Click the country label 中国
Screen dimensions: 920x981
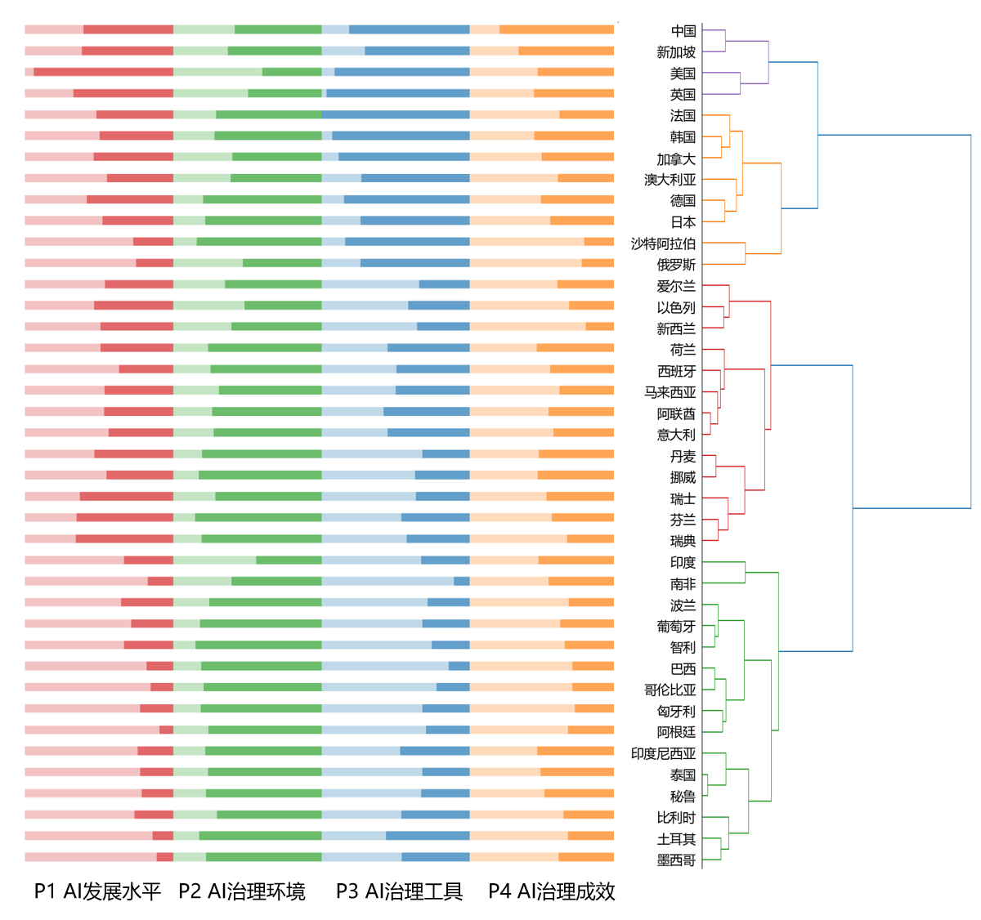(x=683, y=31)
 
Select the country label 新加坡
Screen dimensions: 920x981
(x=676, y=52)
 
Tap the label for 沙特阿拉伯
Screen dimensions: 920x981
(x=663, y=243)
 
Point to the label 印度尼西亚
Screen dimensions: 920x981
(x=663, y=753)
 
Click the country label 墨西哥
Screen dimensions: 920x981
(x=676, y=860)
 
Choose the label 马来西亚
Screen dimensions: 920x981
(x=670, y=392)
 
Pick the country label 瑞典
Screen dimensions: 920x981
(x=683, y=541)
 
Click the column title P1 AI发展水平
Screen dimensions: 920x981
(x=97, y=891)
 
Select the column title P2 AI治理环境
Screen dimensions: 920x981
(x=242, y=891)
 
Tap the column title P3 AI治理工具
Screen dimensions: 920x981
(x=399, y=891)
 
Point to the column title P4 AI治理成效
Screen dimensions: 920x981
(x=552, y=891)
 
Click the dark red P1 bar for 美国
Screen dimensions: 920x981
(x=103, y=72)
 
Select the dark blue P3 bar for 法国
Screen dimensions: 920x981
(x=396, y=114)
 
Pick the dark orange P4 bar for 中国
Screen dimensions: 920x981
(x=557, y=29)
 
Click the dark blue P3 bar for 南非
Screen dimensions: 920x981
(x=462, y=581)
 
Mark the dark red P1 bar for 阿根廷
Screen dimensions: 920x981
(x=166, y=730)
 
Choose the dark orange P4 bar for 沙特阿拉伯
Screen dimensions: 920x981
(x=599, y=242)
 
